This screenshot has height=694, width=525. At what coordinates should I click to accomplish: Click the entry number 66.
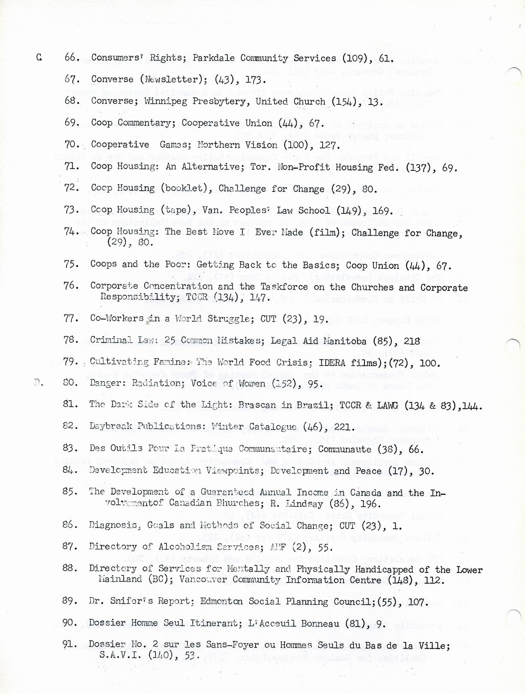[72, 57]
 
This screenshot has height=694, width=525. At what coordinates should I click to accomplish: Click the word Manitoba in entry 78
[345, 341]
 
